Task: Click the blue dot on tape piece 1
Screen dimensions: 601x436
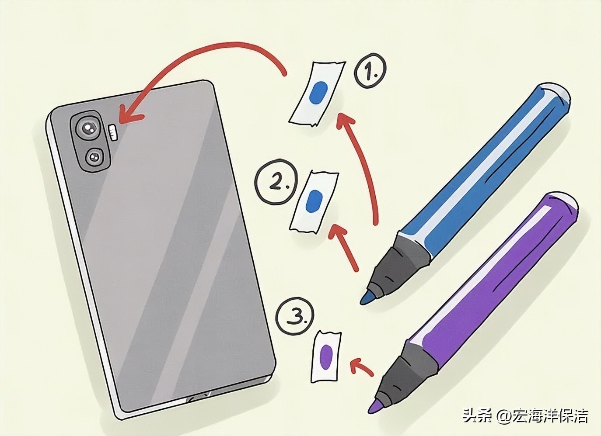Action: [318, 93]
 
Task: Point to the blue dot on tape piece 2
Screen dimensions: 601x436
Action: [315, 201]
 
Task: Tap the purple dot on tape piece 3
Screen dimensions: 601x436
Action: [326, 356]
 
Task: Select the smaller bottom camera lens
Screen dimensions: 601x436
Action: [94, 158]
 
